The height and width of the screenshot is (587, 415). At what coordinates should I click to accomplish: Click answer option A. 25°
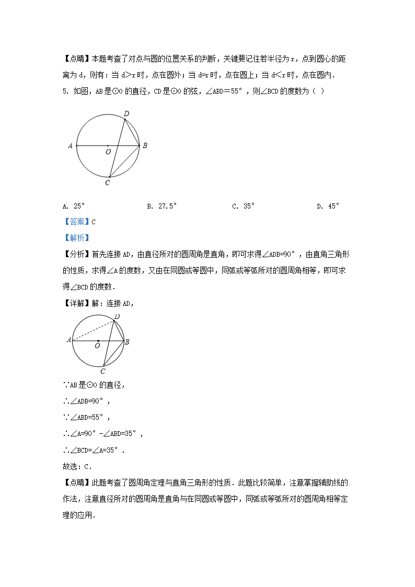coord(73,206)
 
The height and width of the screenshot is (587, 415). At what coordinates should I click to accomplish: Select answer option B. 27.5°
coord(162,206)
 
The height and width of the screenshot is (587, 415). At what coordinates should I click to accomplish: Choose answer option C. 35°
coord(243,206)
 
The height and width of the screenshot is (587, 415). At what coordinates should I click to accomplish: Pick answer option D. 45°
coord(328,206)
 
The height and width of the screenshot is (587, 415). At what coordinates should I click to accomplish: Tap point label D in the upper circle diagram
coord(126,113)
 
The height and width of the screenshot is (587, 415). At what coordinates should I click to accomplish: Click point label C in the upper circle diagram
coord(107,182)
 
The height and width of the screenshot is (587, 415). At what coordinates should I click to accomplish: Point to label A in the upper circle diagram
coord(70,146)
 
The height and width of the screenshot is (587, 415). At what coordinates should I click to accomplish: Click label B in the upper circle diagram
coord(145,146)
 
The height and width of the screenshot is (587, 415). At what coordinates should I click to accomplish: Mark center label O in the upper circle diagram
coord(108,152)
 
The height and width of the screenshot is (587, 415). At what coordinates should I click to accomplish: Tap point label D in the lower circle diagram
coord(117,316)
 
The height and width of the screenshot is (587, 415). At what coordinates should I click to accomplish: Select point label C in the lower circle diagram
coord(103,371)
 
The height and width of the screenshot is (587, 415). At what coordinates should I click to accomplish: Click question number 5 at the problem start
coord(65,91)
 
